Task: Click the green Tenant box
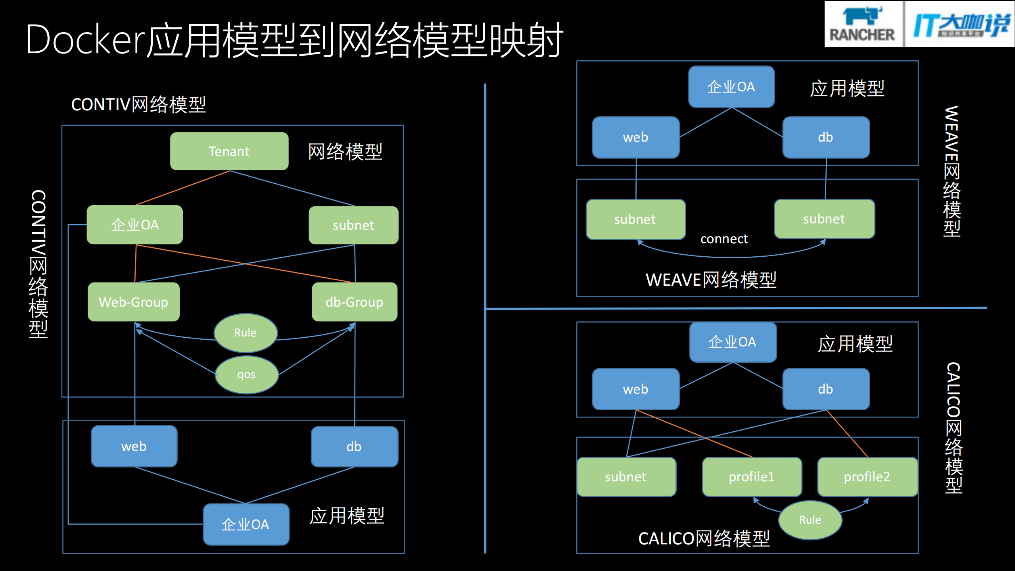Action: pyautogui.click(x=229, y=151)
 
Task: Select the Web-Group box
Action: pyautogui.click(x=134, y=302)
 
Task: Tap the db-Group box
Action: pyautogui.click(x=354, y=302)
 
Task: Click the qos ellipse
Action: pyautogui.click(x=246, y=375)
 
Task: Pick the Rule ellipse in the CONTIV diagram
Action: pyautogui.click(x=246, y=333)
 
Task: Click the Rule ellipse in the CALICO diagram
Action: pyautogui.click(x=810, y=520)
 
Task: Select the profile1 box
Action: pyautogui.click(x=752, y=477)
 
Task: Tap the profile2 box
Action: pyautogui.click(x=867, y=477)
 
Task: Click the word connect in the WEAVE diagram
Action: pyautogui.click(x=724, y=239)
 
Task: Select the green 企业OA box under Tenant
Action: pyautogui.click(x=135, y=225)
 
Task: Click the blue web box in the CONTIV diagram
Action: pyautogui.click(x=134, y=446)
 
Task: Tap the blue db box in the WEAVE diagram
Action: pyautogui.click(x=826, y=137)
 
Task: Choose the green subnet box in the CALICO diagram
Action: pyautogui.click(x=626, y=477)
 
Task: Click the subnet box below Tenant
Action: pyautogui.click(x=353, y=225)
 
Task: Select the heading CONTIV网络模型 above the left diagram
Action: pyautogui.click(x=138, y=104)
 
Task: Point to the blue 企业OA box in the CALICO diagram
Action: pyautogui.click(x=733, y=342)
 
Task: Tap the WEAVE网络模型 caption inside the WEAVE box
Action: pyautogui.click(x=711, y=280)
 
